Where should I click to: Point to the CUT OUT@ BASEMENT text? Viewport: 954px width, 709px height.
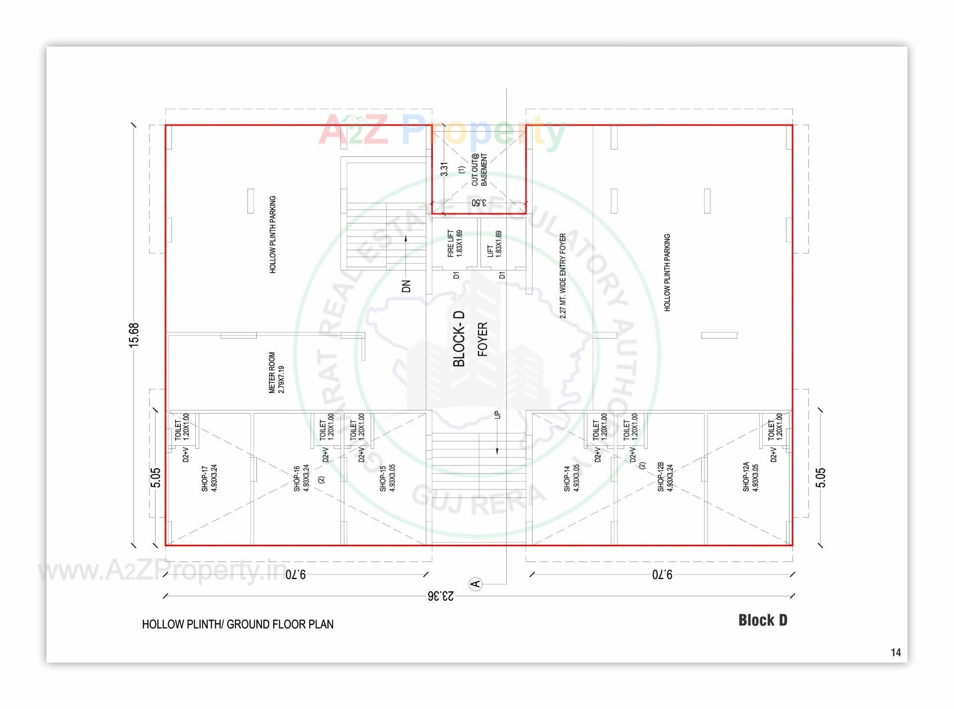click(x=479, y=170)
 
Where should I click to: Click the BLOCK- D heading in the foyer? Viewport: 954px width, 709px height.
click(x=459, y=339)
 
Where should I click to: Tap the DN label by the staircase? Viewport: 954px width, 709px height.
click(x=406, y=286)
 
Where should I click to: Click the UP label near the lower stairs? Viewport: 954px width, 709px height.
click(x=497, y=415)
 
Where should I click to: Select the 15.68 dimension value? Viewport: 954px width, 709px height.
click(x=134, y=335)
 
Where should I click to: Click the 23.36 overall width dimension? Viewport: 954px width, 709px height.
click(x=440, y=596)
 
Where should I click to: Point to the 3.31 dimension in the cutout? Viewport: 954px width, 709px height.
click(x=444, y=169)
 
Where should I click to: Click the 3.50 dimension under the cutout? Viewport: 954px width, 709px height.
click(x=478, y=203)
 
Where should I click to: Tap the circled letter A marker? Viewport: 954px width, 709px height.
click(x=476, y=583)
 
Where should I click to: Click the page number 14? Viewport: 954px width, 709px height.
click(x=895, y=652)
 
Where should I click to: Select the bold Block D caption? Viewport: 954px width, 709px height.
click(x=762, y=620)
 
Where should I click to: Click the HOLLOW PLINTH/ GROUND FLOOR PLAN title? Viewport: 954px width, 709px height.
click(x=238, y=624)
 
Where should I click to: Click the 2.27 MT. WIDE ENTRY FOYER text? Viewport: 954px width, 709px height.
click(x=562, y=276)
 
